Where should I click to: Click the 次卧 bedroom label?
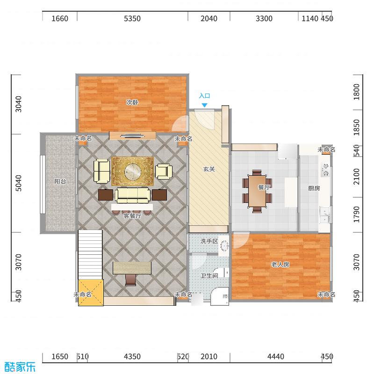(x=132, y=102)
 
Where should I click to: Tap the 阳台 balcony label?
(x=60, y=181)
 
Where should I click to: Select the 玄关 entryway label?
(x=209, y=169)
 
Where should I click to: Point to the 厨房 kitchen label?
(x=314, y=188)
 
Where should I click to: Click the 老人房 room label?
(x=280, y=265)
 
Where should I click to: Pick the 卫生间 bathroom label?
(x=209, y=276)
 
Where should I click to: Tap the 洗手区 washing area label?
(x=209, y=241)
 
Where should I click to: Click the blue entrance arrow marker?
(x=204, y=105)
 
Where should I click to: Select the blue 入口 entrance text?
(x=204, y=96)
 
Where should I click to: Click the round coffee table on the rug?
(x=133, y=171)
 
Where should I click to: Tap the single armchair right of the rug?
(x=164, y=172)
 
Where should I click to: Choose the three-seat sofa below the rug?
(x=133, y=195)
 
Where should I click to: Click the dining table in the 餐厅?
(x=257, y=191)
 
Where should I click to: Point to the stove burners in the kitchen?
(x=325, y=170)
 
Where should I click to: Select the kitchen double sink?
(x=324, y=215)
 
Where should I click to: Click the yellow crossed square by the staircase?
(x=91, y=293)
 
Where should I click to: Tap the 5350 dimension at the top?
(x=132, y=19)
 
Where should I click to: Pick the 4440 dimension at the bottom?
(x=276, y=357)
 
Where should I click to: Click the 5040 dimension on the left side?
(x=18, y=183)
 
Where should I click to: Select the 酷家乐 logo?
(x=20, y=367)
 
